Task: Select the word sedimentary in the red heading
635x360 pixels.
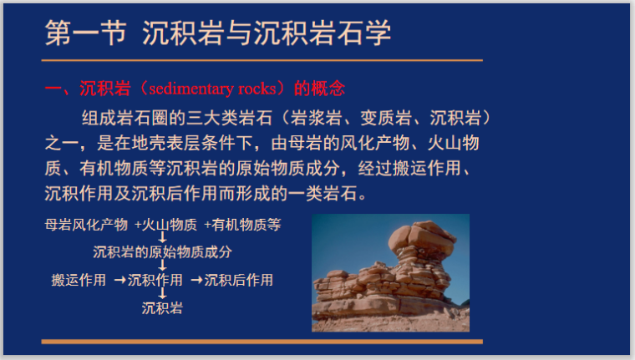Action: coord(189,89)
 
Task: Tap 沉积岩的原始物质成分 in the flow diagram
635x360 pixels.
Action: coord(162,251)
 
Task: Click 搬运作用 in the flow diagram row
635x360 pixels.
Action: coord(79,280)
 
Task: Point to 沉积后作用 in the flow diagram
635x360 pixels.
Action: coord(239,280)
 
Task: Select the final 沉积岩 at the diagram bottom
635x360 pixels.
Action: coord(162,307)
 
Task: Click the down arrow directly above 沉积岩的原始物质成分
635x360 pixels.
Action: coord(162,237)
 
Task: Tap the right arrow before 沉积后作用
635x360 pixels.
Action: coord(197,280)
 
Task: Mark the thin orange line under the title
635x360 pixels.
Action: coord(262,61)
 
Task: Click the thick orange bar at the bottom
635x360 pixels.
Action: coord(262,341)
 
